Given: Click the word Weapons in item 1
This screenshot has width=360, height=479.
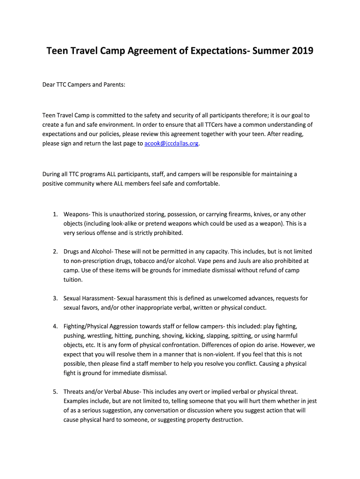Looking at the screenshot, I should pyautogui.click(x=77, y=214).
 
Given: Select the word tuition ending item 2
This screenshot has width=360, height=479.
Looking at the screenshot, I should pyautogui.click(x=73, y=280).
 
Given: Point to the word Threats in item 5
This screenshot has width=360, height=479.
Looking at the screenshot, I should pyautogui.click(x=75, y=391).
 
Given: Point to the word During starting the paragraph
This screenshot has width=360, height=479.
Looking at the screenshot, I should pyautogui.click(x=53, y=174).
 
